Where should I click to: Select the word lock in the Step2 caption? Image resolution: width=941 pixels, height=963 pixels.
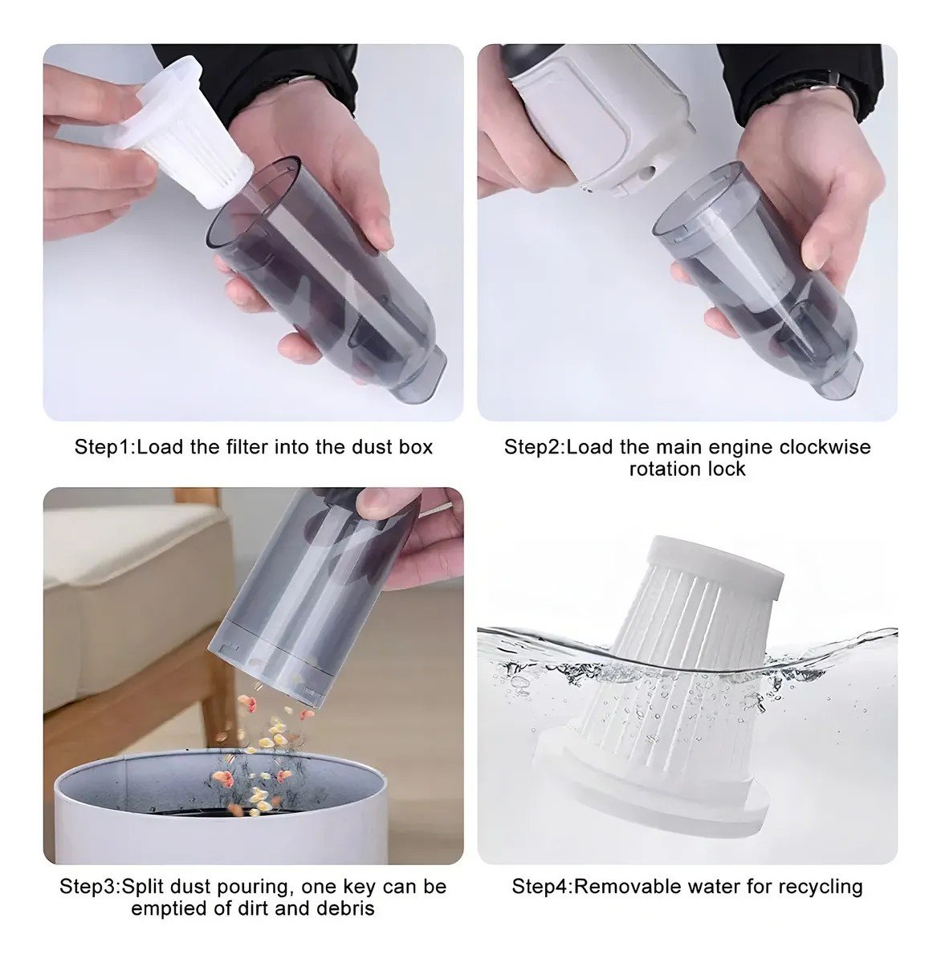(x=727, y=469)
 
